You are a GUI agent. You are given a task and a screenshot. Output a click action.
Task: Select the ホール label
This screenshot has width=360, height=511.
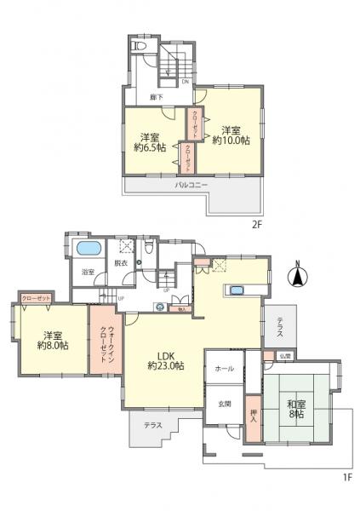click(x=224, y=369)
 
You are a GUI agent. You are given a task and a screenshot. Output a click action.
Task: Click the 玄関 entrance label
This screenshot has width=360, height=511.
click(x=224, y=404)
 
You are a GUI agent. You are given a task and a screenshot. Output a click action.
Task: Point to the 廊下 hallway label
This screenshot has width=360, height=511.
click(x=157, y=96)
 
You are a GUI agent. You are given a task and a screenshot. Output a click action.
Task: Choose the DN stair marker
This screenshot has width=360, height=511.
click(x=185, y=83)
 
